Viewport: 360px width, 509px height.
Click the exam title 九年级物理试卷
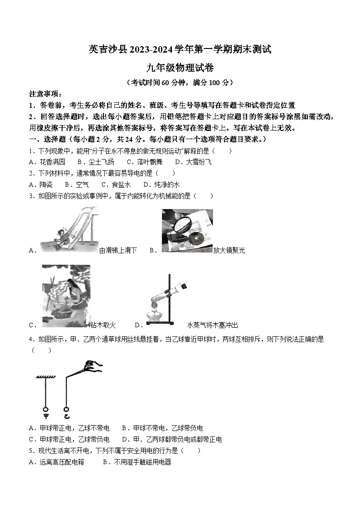[x=180, y=68]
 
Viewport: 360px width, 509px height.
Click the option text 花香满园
[x=53, y=162]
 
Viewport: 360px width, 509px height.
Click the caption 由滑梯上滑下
[x=117, y=250]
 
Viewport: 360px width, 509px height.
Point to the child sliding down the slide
[x=62, y=238]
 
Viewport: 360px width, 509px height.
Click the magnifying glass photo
[x=187, y=230]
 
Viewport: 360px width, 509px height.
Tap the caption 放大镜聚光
[x=229, y=250]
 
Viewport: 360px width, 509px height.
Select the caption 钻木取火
[x=103, y=325]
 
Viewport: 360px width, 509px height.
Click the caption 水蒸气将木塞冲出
[x=212, y=325]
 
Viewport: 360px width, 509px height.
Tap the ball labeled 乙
[x=67, y=407]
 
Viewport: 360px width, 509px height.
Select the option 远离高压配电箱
[x=61, y=462]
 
